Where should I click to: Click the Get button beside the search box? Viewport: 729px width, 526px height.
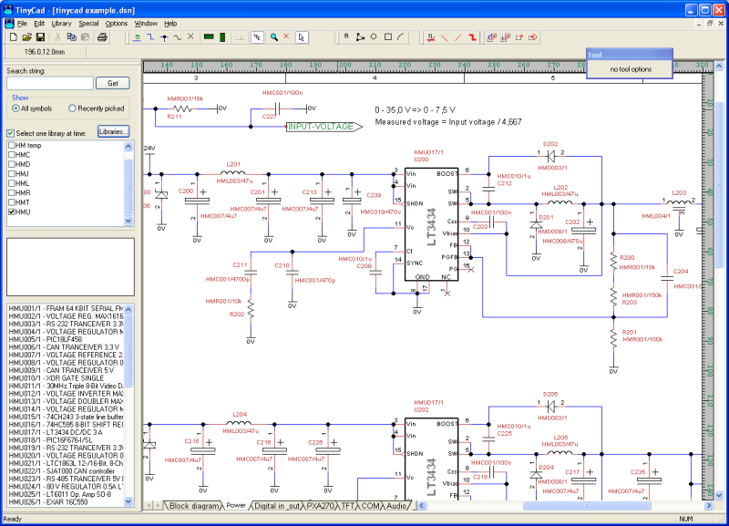coord(113,83)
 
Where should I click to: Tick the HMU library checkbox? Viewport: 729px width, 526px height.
coord(12,211)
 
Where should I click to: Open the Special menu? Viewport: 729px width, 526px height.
coord(88,22)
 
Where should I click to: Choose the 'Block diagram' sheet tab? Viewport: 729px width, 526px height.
coord(194,505)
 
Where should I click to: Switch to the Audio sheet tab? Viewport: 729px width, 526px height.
coord(397,505)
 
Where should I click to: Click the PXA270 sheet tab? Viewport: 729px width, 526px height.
coord(320,505)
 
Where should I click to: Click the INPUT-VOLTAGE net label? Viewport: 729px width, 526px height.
coord(320,127)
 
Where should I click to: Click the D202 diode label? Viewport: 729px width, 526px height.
coord(550,144)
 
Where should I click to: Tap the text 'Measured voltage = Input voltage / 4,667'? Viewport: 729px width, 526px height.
coord(448,121)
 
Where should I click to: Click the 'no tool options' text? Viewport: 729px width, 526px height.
coord(631,69)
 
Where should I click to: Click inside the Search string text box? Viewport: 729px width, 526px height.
coord(49,83)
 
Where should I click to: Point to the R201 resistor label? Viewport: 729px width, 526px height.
coord(629,332)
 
